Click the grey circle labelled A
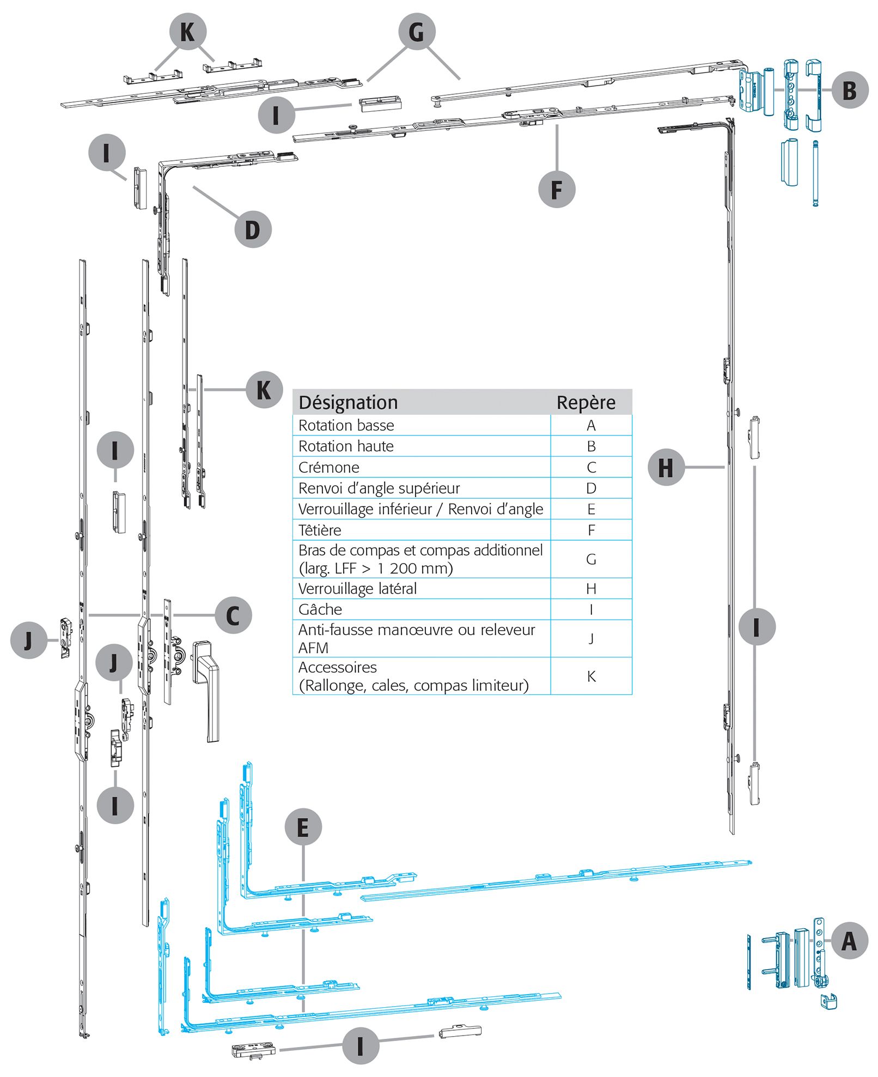click(x=849, y=940)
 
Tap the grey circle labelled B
click(x=850, y=90)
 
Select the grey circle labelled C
click(x=233, y=615)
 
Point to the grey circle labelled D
click(x=253, y=229)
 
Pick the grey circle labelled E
click(x=303, y=827)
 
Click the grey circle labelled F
click(x=557, y=189)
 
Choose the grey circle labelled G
click(x=417, y=32)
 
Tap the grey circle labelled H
click(x=666, y=467)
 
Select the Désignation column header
click(x=348, y=402)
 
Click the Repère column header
click(x=586, y=402)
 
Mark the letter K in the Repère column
click(x=592, y=676)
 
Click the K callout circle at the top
click(x=188, y=32)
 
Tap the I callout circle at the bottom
click(x=360, y=1045)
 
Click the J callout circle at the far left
click(x=29, y=639)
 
